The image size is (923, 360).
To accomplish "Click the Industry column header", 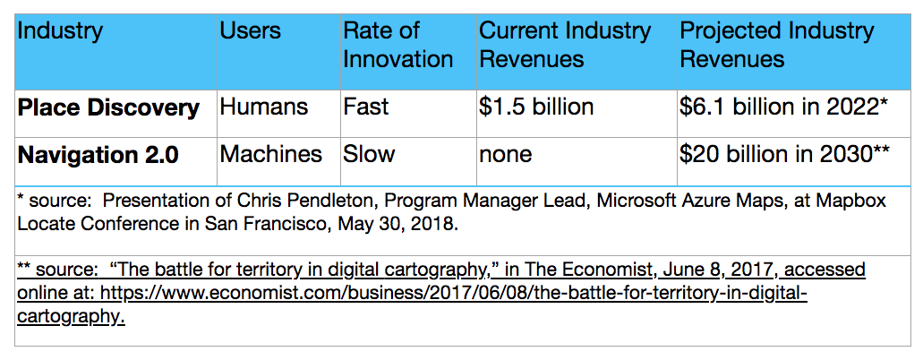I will pos(61,31).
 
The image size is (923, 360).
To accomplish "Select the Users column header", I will pos(251,31).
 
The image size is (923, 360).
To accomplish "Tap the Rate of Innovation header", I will pos(397,45).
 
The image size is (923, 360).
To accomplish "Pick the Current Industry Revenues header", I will pos(565,45).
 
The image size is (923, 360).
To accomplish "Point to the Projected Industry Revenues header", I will pos(776,45).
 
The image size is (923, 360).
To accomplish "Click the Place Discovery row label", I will pos(108,108).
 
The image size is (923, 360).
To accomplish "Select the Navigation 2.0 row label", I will pos(98,155).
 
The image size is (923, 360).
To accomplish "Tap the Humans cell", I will pos(264,107).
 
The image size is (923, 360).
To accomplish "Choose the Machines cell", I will pos(271,154).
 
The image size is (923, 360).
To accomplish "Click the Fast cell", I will pos(366,107).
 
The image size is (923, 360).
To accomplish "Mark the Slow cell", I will pos(369,154).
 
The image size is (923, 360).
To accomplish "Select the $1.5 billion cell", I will pos(536,107).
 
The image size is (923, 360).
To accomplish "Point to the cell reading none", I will pos(506,154).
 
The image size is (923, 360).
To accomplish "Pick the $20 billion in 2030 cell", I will pos(784,154).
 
